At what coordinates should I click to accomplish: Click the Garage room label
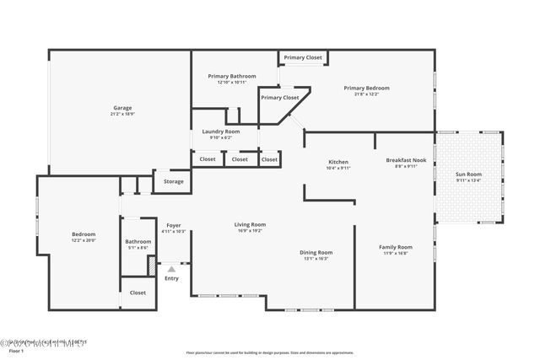coord(123,107)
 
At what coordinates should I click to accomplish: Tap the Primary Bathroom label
coord(231,76)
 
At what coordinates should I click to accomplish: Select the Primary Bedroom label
coord(366,88)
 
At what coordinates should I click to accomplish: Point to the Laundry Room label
coord(220,132)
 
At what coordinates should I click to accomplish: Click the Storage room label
coord(174,181)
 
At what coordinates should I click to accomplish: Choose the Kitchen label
coord(337,162)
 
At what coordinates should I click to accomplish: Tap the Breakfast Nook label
coord(406,159)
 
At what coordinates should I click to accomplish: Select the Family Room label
coord(395,247)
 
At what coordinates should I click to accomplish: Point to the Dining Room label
coord(316,252)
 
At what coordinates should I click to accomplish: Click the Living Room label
coord(250,224)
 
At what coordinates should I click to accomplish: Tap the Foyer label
coord(173,225)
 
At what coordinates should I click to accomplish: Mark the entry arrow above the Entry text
coord(171,269)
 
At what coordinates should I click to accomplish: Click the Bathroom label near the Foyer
coord(138,241)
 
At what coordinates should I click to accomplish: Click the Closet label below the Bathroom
coord(138,293)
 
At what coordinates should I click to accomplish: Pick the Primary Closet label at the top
coord(303,57)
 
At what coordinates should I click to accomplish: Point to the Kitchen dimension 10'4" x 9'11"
coord(337,168)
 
